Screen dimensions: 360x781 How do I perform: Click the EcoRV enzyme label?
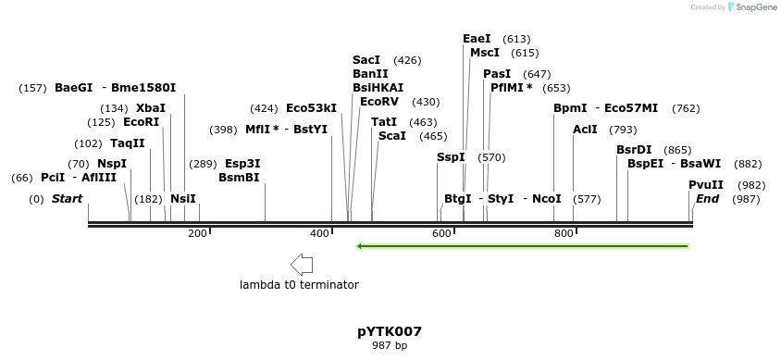point(379,102)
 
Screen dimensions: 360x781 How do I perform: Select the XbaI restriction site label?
point(151,108)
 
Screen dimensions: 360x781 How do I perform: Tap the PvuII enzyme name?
point(706,184)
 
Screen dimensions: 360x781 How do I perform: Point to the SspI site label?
point(451,157)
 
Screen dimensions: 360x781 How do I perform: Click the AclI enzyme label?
point(585,130)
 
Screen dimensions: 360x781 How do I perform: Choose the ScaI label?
point(392,136)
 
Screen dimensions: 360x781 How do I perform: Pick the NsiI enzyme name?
point(183,199)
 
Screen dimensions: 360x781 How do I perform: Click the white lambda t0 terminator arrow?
point(301,265)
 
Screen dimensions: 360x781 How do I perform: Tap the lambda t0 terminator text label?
point(299,285)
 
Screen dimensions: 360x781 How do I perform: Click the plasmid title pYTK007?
point(390,331)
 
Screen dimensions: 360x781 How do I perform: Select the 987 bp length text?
point(390,346)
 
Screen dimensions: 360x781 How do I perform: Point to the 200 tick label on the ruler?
point(197,234)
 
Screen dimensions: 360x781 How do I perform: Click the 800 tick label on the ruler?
point(564,234)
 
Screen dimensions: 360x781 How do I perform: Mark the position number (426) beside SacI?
point(407,60)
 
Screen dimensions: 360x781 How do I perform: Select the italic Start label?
point(67,199)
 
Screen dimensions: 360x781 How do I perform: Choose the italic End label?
point(707,199)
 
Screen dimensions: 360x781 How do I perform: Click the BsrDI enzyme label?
point(634,150)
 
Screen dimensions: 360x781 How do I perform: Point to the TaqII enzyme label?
point(128,143)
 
